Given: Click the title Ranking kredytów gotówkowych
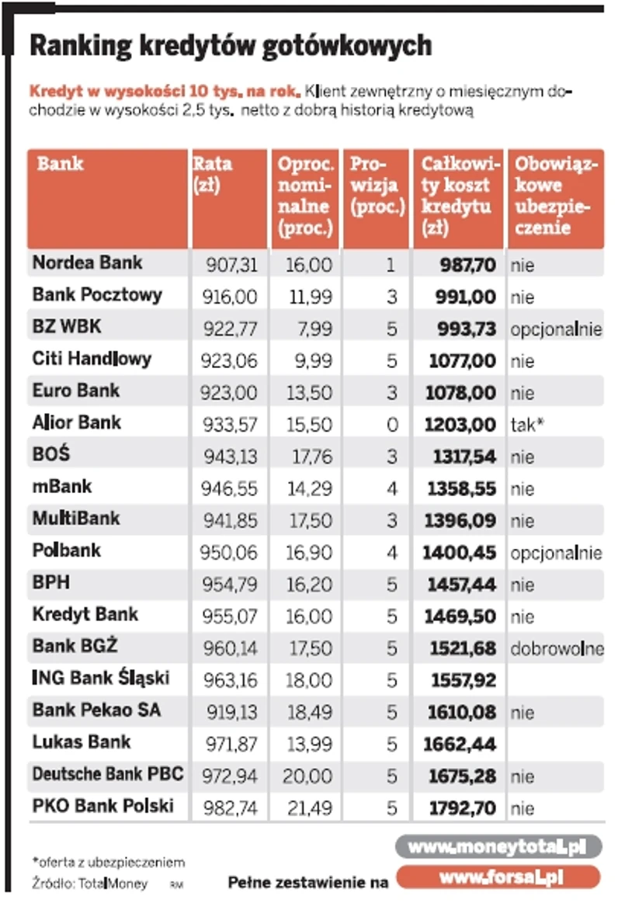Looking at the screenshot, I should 230,46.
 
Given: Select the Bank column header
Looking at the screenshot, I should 61,165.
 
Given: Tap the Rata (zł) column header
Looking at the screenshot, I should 212,175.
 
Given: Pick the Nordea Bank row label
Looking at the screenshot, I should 87,262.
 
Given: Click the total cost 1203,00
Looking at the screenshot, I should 461,425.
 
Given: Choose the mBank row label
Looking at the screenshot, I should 62,487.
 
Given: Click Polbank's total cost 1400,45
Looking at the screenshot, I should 459,553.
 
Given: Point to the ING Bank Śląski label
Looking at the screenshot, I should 101,679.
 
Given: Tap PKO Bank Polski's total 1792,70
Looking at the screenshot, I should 461,808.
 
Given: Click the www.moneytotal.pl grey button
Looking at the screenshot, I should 498,847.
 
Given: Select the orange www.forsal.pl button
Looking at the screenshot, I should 498,878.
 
